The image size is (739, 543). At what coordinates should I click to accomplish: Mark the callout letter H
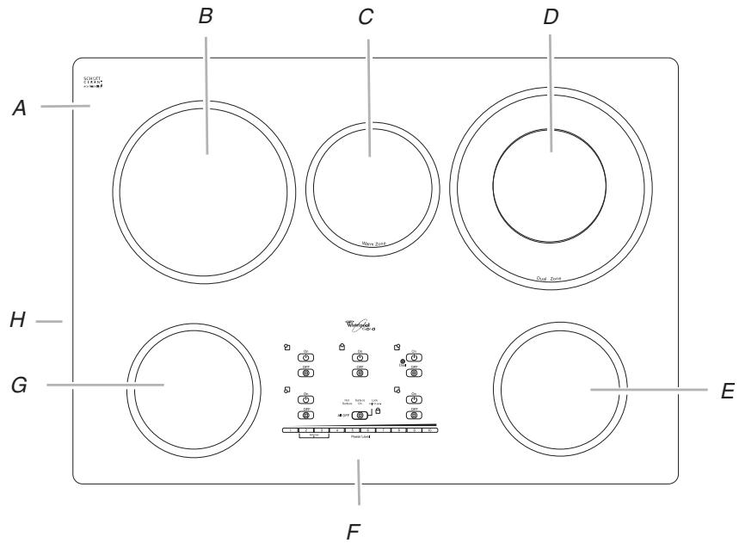(18, 321)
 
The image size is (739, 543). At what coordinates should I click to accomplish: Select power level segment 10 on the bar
(430, 429)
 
